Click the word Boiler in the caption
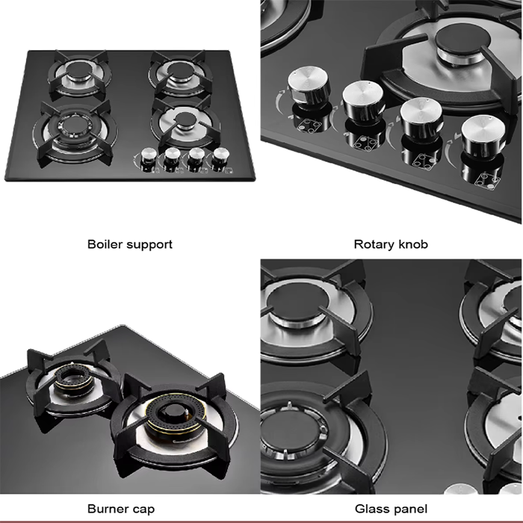pyautogui.click(x=105, y=244)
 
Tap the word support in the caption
pyautogui.click(x=149, y=245)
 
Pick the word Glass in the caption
pyautogui.click(x=371, y=509)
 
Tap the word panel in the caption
pyautogui.click(x=409, y=510)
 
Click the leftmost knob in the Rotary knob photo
pyautogui.click(x=309, y=87)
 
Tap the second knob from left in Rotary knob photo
pyautogui.click(x=363, y=102)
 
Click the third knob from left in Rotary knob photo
pyautogui.click(x=421, y=118)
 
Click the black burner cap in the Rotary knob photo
pyautogui.click(x=463, y=40)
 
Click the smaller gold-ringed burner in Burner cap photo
pyautogui.click(x=73, y=378)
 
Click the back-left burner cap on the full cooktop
pyautogui.click(x=78, y=70)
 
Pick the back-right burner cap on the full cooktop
pyautogui.click(x=179, y=69)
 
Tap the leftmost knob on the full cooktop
pyautogui.click(x=149, y=158)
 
